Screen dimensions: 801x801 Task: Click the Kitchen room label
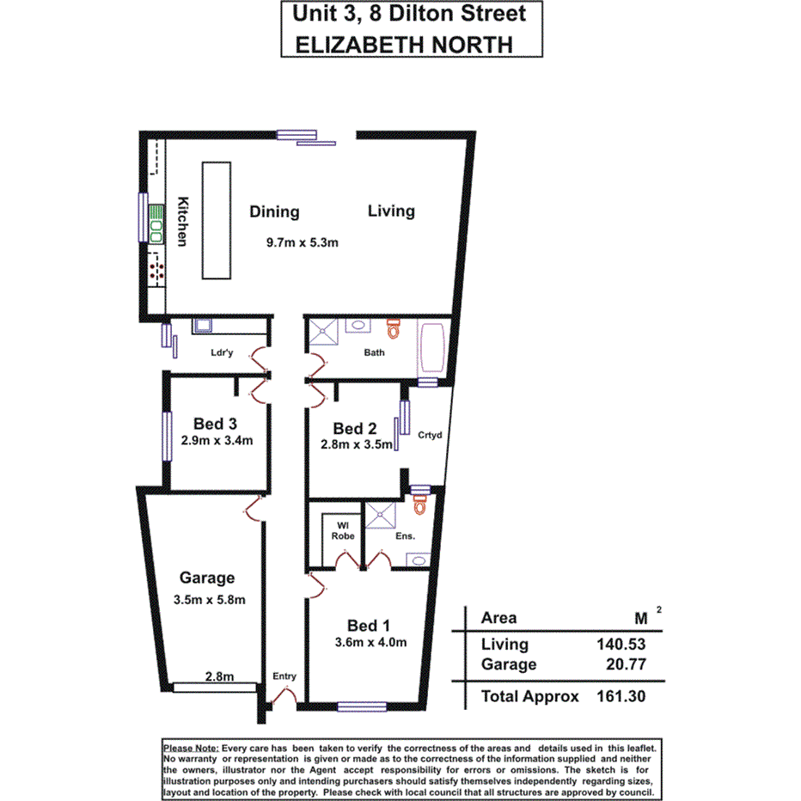[182, 223]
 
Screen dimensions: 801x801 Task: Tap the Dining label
[274, 211]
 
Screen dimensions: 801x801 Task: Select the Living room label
[391, 211]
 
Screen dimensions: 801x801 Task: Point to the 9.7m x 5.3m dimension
[303, 242]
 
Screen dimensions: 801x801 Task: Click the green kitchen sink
[156, 222]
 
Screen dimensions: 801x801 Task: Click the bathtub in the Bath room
[429, 348]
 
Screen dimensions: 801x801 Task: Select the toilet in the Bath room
[394, 329]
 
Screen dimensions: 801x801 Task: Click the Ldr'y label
[223, 352]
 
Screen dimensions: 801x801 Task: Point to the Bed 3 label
[215, 423]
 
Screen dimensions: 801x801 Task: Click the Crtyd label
[429, 435]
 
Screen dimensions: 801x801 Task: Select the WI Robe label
[342, 529]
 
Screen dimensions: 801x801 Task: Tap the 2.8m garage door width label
[219, 676]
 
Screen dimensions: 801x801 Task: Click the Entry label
[284, 676]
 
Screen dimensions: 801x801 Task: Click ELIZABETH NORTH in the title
[404, 44]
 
